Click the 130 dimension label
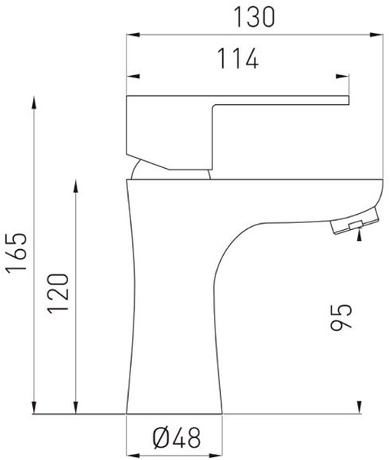(255, 18)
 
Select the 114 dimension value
(238, 59)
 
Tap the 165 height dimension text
(17, 254)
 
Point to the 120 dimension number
(58, 294)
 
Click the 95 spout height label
(341, 317)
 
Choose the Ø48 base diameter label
(177, 438)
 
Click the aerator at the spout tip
(354, 221)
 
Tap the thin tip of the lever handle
(348, 100)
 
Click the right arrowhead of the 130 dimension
(376, 35)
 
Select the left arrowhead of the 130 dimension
(133, 35)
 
